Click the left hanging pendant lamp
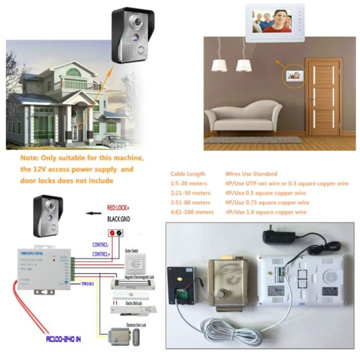point(219,65)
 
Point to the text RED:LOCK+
point(117,208)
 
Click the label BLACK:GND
point(118,219)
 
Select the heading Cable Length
point(188,174)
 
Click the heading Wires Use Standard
point(251,174)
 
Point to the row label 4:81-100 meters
point(192,212)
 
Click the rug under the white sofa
point(253,139)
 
